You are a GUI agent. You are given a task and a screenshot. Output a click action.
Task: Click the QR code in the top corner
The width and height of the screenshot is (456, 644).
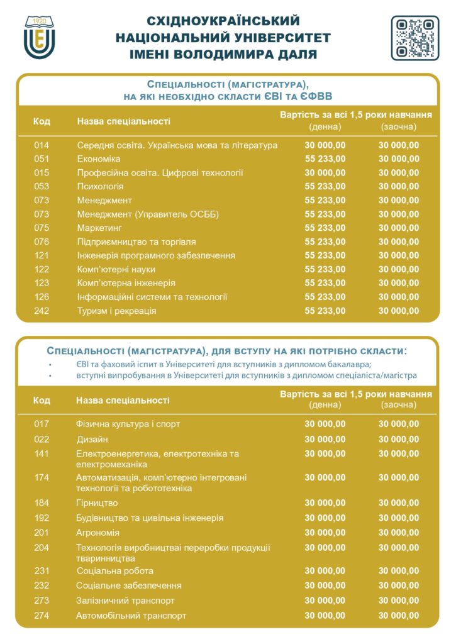(415, 38)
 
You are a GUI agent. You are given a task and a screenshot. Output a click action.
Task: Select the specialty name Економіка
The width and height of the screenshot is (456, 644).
(99, 159)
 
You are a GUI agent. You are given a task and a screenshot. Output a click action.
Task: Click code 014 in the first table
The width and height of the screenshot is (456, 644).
(42, 145)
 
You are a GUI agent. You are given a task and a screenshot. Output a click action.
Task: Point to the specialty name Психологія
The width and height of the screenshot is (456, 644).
(101, 187)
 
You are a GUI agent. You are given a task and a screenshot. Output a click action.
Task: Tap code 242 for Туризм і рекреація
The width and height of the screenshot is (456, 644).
(42, 311)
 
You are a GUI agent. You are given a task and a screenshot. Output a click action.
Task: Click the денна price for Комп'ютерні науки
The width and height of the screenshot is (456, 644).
(325, 270)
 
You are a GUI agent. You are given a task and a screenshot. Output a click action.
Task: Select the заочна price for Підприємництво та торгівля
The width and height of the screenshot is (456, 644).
(398, 242)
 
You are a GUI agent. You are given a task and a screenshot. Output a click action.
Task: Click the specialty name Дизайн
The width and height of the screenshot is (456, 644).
(92, 439)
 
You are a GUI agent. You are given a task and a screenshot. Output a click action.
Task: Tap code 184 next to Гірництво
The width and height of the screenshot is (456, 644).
(42, 503)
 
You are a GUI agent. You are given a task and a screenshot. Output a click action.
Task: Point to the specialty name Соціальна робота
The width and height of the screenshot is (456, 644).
(114, 571)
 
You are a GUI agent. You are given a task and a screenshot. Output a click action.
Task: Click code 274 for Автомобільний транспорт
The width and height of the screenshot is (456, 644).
(42, 616)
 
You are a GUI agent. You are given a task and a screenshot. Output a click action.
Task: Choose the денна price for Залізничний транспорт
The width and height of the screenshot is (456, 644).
(325, 601)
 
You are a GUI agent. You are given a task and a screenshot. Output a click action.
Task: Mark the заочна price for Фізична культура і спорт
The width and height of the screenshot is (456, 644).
(398, 425)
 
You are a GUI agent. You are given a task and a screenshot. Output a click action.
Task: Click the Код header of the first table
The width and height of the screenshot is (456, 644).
(42, 121)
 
